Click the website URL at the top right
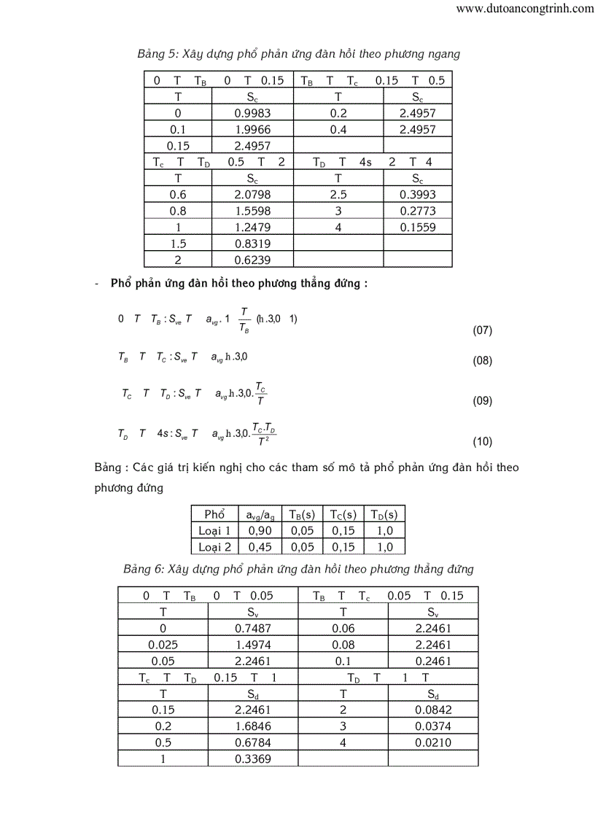pos(524,9)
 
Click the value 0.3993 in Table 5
pos(418,195)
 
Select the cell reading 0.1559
pos(418,227)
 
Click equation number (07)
pos(483,330)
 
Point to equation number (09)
pos(483,400)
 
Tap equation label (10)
pos(483,441)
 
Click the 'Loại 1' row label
pos(214,530)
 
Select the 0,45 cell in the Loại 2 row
pos(261,546)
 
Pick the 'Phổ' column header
pos(214,513)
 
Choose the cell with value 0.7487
pos(252,629)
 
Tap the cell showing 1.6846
pos(252,726)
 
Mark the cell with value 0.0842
pos(434,710)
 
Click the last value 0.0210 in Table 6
pos(434,742)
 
